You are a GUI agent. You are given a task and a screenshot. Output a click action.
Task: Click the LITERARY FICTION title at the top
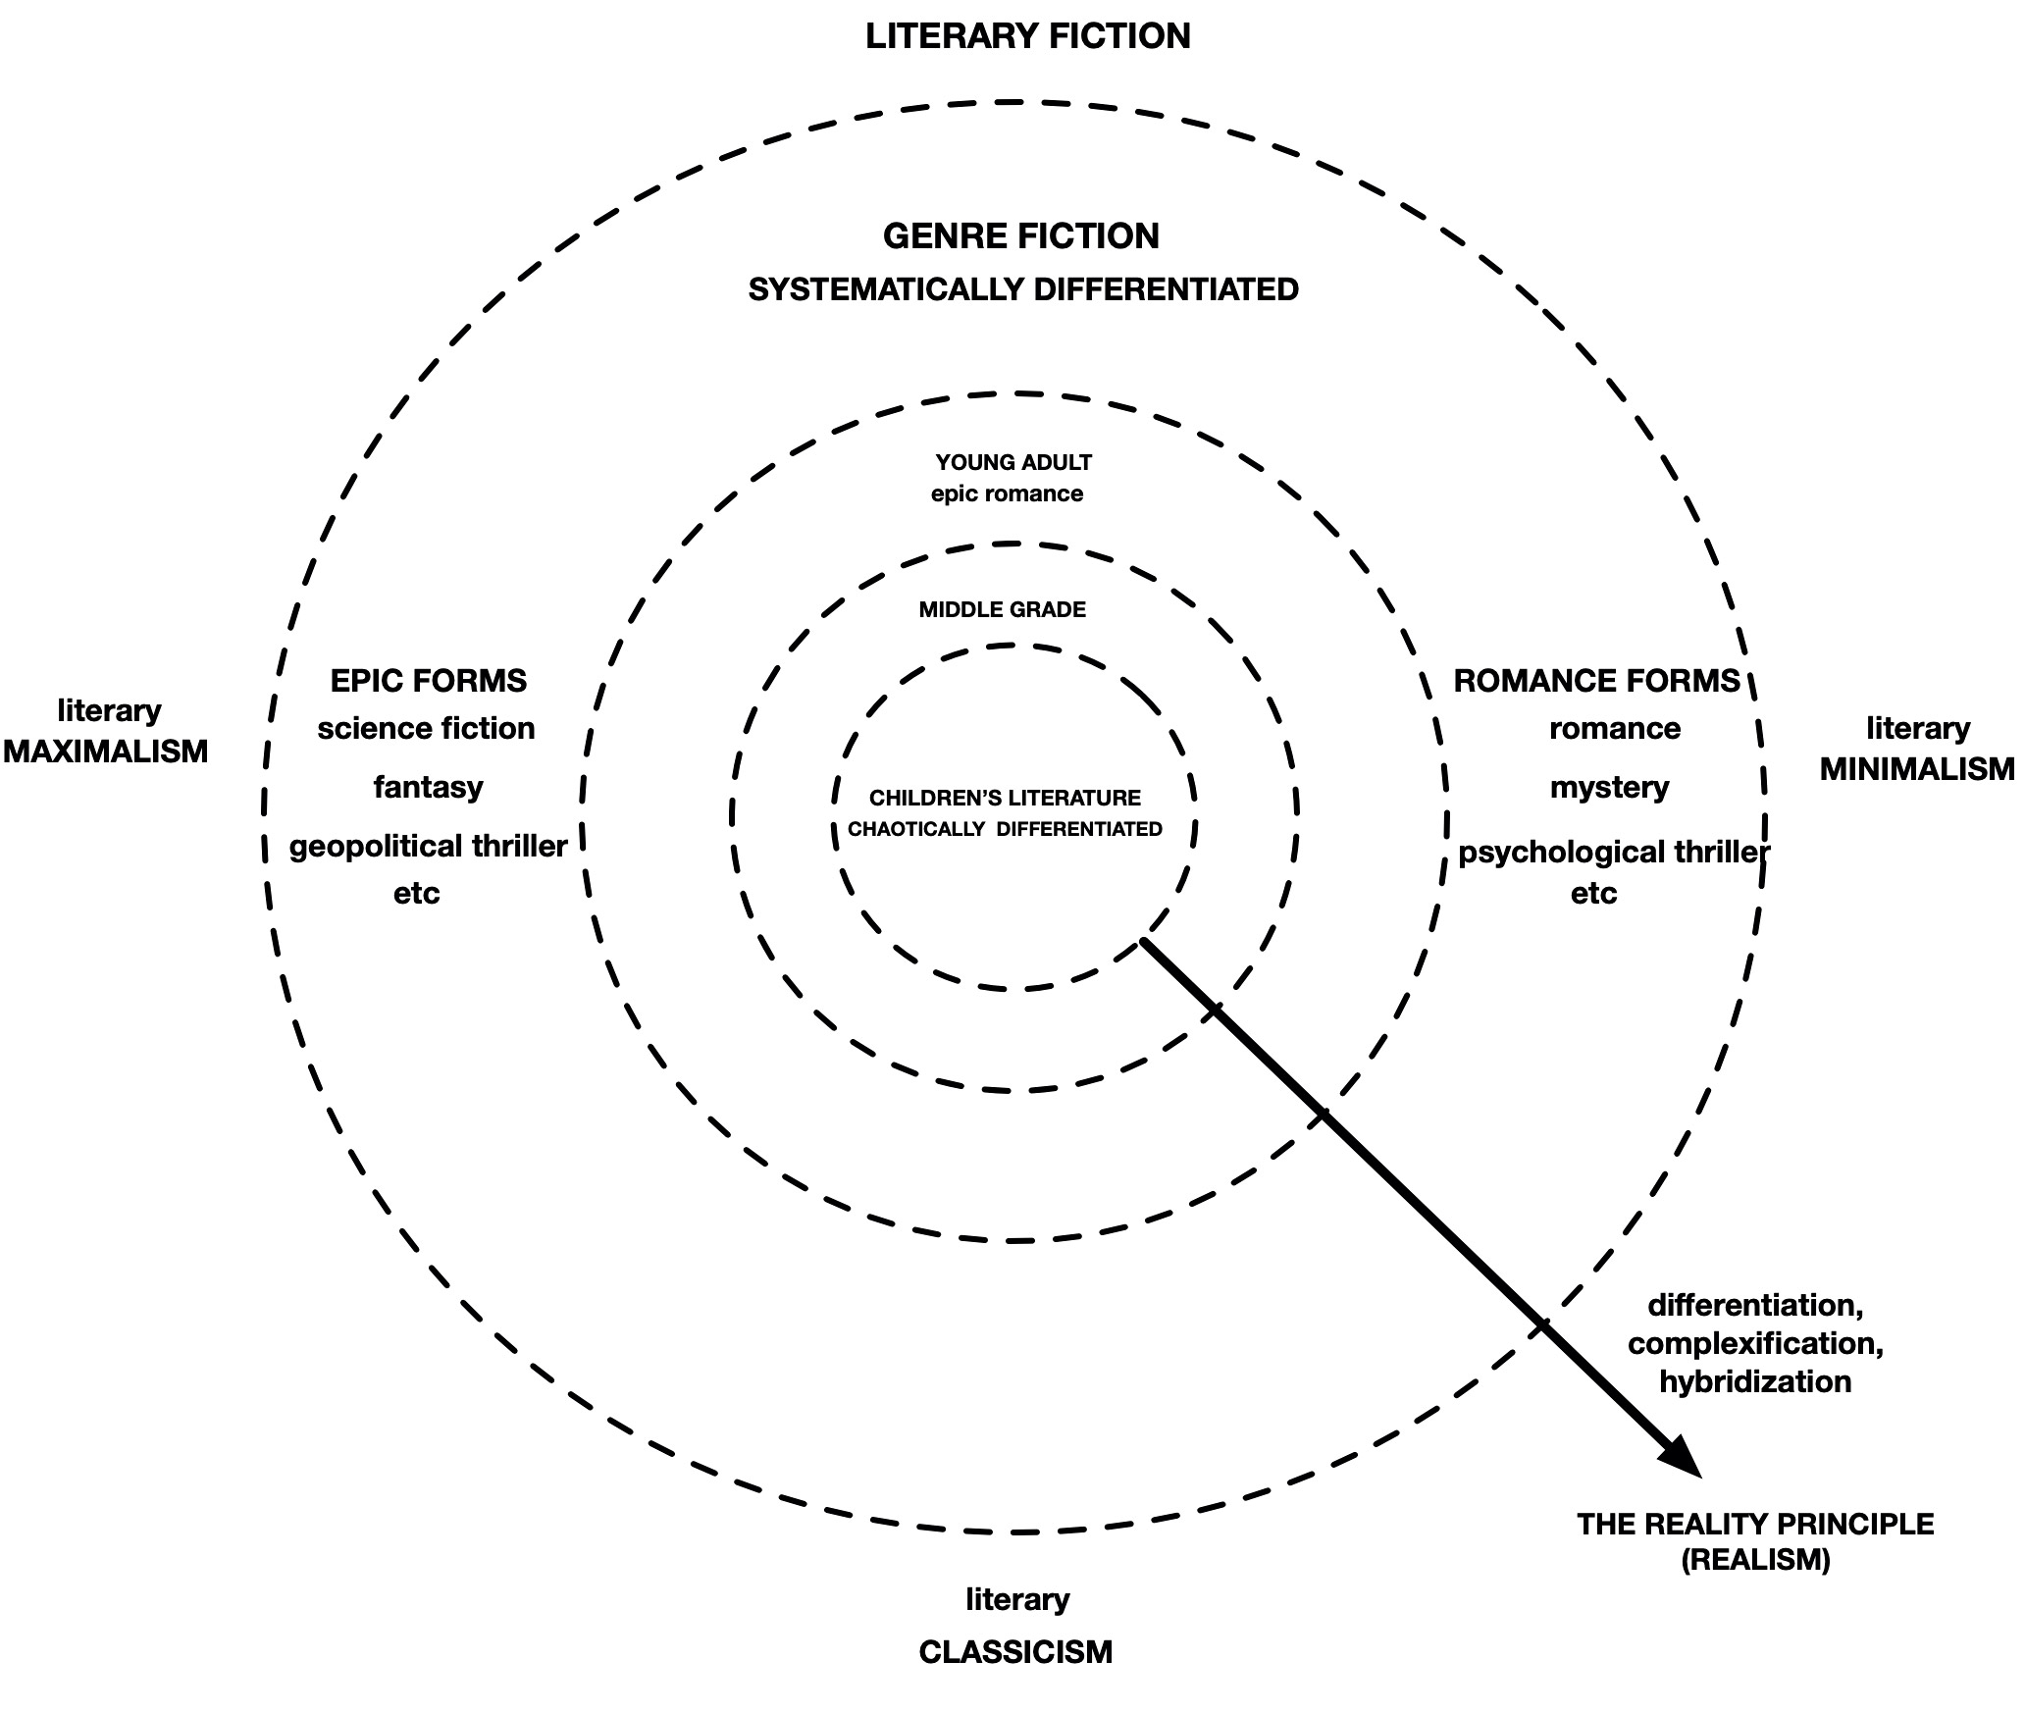tap(1027, 36)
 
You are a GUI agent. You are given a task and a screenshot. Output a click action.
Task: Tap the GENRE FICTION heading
tap(1020, 236)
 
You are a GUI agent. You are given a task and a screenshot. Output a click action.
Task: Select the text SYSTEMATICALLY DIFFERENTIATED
tap(1023, 289)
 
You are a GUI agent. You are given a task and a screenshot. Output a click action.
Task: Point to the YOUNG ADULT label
tap(1013, 462)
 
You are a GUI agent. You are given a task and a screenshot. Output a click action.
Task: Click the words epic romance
tap(1007, 493)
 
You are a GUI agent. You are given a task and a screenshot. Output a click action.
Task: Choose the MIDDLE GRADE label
tap(1002, 609)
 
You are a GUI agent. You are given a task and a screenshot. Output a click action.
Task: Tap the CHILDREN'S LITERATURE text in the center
tap(1005, 798)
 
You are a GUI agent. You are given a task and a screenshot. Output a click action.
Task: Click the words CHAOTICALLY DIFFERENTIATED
tap(1005, 829)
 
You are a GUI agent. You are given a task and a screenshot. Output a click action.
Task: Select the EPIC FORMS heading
tap(429, 681)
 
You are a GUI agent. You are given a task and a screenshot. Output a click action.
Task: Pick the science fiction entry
tap(426, 729)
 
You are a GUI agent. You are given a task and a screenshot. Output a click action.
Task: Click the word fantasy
tap(428, 787)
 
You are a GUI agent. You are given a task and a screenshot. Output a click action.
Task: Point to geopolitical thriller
tap(428, 846)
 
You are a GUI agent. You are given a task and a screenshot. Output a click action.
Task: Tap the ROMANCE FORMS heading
tap(1596, 681)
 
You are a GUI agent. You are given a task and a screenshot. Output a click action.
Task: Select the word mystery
tap(1609, 787)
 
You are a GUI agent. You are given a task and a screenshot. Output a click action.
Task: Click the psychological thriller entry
tap(1613, 852)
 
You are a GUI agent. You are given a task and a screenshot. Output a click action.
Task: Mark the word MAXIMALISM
tap(106, 752)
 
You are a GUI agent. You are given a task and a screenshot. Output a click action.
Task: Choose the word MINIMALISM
tap(1916, 769)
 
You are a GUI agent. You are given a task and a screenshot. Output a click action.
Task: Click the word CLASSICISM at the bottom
tap(1015, 1652)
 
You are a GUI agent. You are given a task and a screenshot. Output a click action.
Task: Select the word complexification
tap(1754, 1343)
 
